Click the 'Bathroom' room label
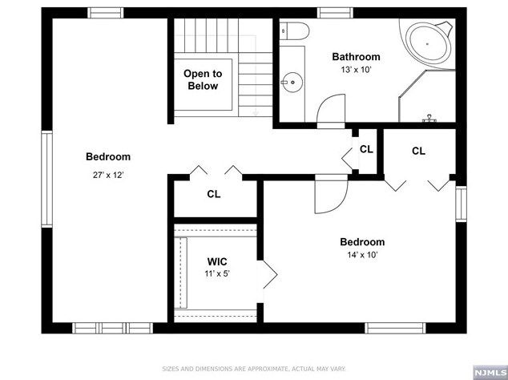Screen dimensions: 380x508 tap(356, 57)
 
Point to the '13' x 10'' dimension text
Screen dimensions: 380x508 tap(356, 70)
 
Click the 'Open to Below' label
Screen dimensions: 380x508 tap(203, 79)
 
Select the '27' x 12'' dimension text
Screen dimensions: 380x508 tap(108, 174)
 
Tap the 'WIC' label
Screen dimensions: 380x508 tap(218, 261)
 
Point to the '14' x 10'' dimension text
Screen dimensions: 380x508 tap(361, 256)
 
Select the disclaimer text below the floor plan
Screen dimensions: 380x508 tap(252, 369)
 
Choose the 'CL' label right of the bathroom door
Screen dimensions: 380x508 tap(366, 149)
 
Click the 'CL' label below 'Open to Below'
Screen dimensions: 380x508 tap(214, 194)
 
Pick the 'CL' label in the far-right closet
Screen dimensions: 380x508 tap(418, 151)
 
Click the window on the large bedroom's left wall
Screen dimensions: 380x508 tap(46, 179)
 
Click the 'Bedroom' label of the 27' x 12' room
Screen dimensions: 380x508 tap(108, 157)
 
